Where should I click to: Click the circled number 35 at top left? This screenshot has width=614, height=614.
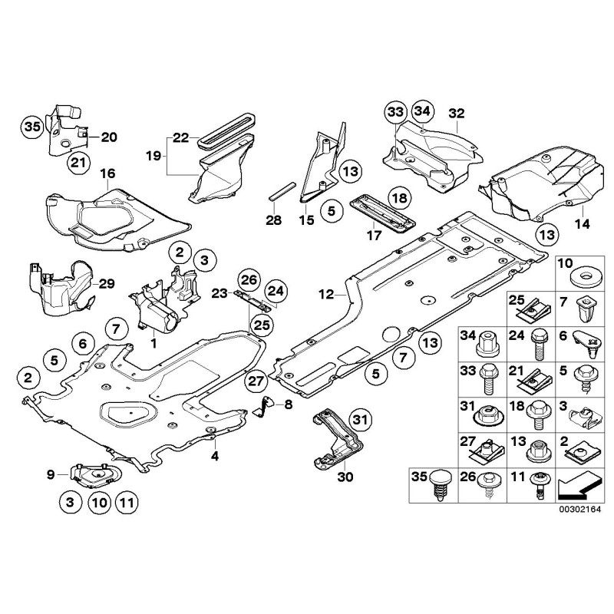[31, 127]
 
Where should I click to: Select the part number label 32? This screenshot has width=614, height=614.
[457, 114]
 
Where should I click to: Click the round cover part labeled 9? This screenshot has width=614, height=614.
[97, 476]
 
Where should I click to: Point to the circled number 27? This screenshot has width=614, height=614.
[256, 380]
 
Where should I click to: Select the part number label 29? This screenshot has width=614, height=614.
[107, 284]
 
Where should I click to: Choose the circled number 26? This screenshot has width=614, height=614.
[249, 278]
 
